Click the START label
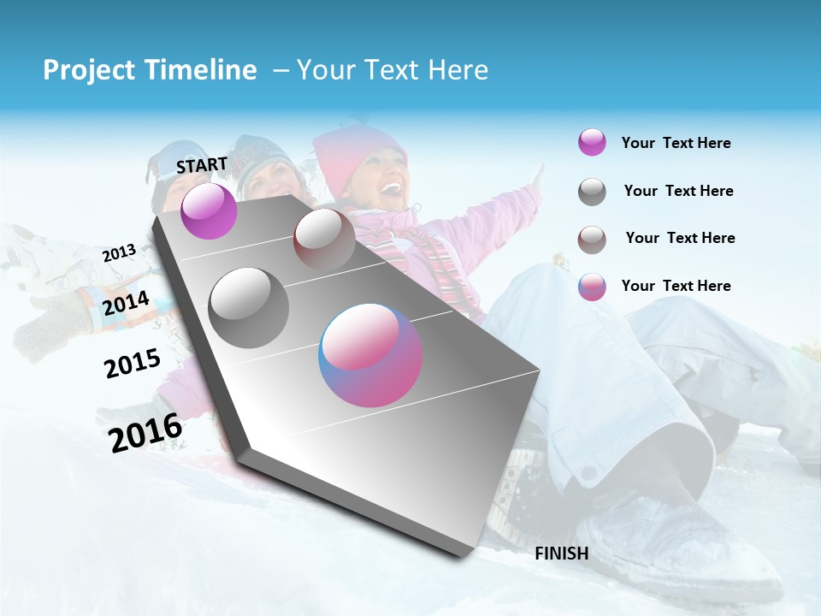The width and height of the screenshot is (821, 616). point(202,165)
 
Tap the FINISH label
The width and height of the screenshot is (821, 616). point(561,554)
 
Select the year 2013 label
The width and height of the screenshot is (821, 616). point(119,253)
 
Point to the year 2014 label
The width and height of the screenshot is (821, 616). point(126,304)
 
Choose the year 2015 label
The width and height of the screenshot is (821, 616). point(132,364)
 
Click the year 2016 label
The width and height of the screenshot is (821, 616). point(145,432)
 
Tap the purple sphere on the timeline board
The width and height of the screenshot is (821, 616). point(209,210)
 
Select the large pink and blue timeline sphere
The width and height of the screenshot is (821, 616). point(370,355)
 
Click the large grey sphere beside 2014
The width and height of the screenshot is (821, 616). point(248,307)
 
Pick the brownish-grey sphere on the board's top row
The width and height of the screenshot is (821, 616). point(323,239)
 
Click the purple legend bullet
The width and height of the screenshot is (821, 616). point(592,143)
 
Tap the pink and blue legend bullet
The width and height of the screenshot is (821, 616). point(592,287)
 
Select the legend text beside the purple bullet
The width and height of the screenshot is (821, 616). point(676,143)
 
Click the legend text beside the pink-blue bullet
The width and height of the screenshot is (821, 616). point(676,286)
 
